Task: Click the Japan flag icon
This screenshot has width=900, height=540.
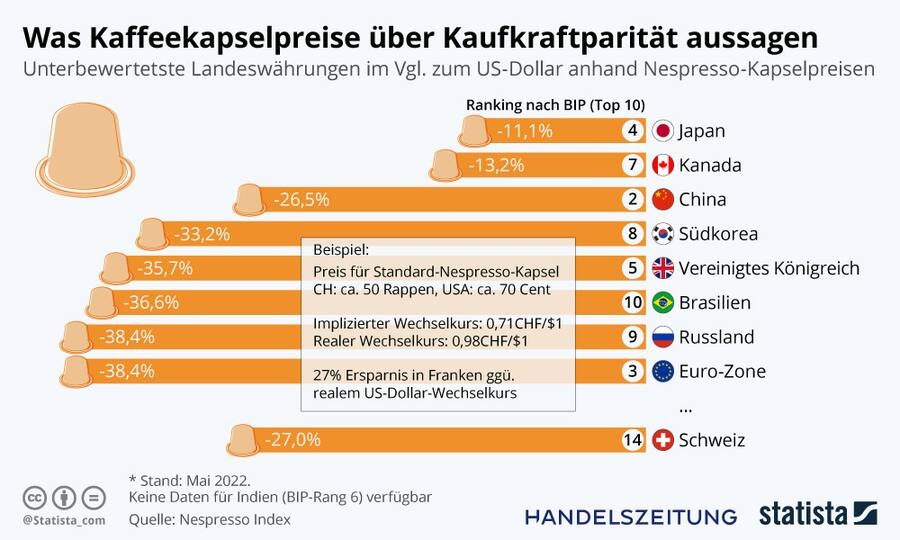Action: click(662, 131)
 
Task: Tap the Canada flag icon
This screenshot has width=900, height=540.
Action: click(662, 165)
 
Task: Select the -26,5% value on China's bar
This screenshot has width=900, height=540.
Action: click(301, 200)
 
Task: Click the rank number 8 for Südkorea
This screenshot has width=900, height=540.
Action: click(632, 234)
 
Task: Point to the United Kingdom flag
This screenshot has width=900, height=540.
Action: click(662, 268)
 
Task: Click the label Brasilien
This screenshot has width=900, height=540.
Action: click(714, 303)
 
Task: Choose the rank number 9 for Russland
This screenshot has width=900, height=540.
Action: click(632, 337)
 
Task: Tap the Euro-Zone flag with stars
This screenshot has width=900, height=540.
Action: click(662, 371)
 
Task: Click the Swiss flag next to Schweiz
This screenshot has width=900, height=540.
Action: click(662, 440)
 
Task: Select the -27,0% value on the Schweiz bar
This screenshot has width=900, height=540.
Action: click(293, 440)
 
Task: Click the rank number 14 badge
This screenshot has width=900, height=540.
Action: click(632, 440)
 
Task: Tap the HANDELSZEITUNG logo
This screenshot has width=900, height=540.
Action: click(631, 516)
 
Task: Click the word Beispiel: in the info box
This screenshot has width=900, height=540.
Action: click(341, 248)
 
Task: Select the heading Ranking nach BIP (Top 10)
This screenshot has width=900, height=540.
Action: click(555, 105)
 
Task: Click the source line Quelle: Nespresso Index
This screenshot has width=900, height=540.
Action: click(209, 519)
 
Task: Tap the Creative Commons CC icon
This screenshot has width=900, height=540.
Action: click(34, 497)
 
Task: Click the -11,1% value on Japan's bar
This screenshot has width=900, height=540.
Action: click(525, 131)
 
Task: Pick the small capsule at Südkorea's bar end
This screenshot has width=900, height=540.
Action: click(152, 233)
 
